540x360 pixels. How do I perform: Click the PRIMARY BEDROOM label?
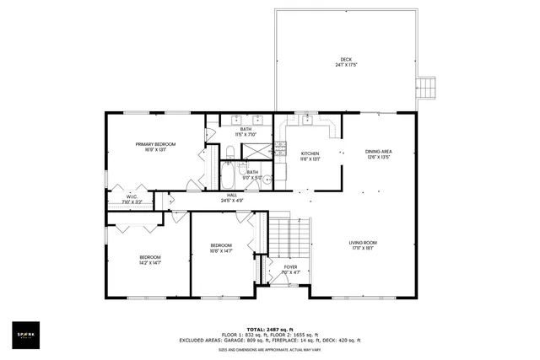point(155,144)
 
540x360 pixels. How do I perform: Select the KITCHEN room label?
point(310,153)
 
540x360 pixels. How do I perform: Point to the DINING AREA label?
point(379,152)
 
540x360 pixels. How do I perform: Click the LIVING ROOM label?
point(364,244)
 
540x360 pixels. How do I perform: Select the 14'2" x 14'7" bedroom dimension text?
point(149,262)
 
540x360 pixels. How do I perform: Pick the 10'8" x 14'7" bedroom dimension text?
point(221,250)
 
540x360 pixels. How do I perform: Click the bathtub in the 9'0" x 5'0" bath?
point(229,175)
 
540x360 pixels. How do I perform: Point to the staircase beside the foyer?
point(290,235)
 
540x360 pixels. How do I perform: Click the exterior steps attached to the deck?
point(429,89)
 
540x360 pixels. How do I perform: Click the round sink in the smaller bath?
point(267,179)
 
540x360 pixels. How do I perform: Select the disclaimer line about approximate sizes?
point(269,348)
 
